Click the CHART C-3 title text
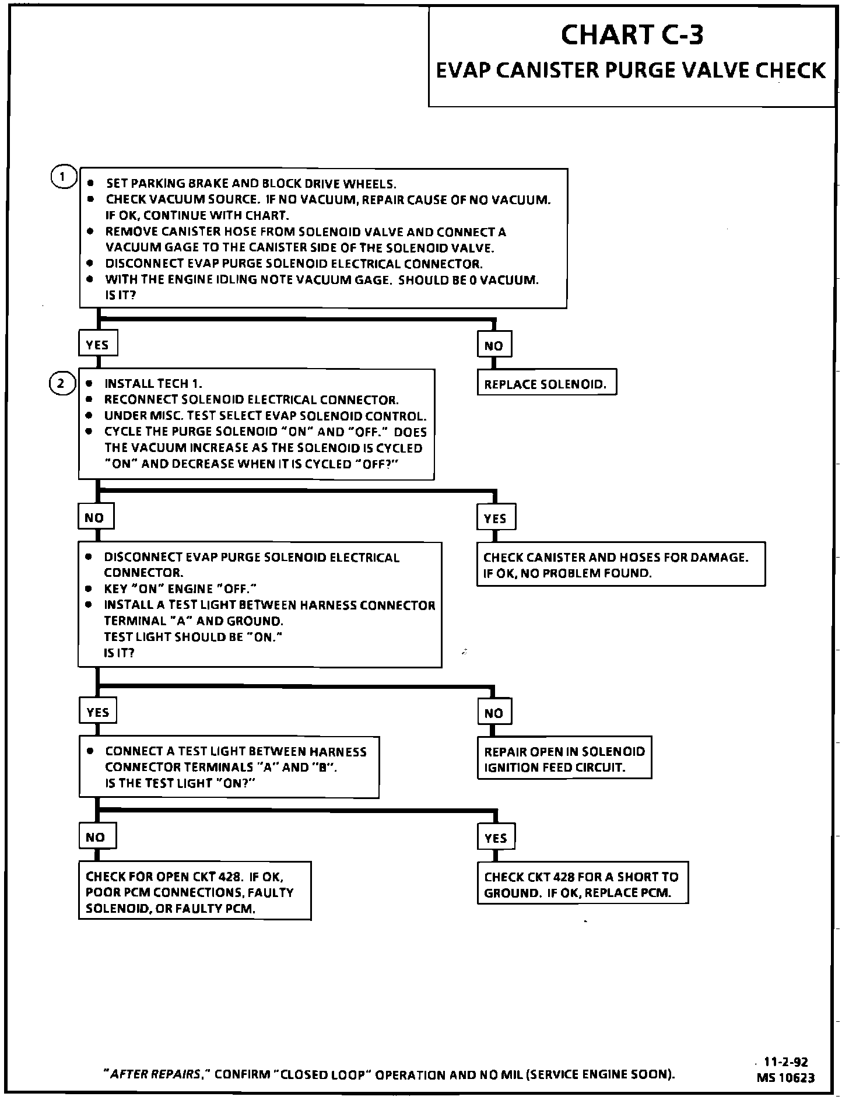(632, 35)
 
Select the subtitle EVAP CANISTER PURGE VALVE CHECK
(631, 71)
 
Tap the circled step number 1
(63, 177)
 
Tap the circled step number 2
(62, 383)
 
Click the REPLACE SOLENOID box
(546, 384)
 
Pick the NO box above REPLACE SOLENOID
(494, 345)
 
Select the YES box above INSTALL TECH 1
(97, 344)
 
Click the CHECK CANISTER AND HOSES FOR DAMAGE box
(620, 565)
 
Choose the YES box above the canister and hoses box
(495, 518)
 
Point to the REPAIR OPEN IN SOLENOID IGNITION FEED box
(564, 759)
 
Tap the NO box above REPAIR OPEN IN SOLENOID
(493, 712)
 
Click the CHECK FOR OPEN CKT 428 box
(195, 892)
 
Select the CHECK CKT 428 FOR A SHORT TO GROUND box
(582, 884)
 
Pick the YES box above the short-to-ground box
(496, 838)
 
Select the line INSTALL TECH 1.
(153, 383)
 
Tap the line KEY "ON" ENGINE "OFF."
(180, 588)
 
